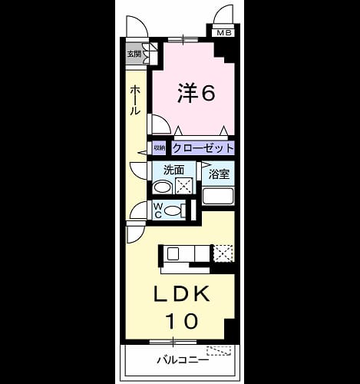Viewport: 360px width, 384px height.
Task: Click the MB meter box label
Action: pyautogui.click(x=224, y=33)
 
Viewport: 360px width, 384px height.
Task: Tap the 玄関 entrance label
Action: pyautogui.click(x=134, y=54)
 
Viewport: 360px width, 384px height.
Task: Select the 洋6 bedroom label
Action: pyautogui.click(x=197, y=93)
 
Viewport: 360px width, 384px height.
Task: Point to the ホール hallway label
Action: pyautogui.click(x=135, y=101)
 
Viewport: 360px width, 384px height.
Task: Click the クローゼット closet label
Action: pyautogui.click(x=203, y=148)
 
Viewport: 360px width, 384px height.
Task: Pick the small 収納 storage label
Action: pyautogui.click(x=159, y=148)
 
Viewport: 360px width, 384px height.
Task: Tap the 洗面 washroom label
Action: pyautogui.click(x=173, y=170)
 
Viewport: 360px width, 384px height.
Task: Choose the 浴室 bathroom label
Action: pyautogui.click(x=219, y=174)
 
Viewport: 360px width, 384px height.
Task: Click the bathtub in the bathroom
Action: pyautogui.click(x=218, y=196)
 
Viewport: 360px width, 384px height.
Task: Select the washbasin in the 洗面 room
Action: pyautogui.click(x=161, y=187)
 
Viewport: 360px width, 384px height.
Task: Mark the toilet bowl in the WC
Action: pyautogui.click(x=172, y=210)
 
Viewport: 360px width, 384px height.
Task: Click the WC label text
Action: pyautogui.click(x=158, y=210)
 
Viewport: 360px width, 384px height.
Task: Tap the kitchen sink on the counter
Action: pyautogui.click(x=173, y=253)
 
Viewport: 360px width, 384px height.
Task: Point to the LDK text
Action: pyautogui.click(x=181, y=294)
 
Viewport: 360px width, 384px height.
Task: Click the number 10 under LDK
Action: pyautogui.click(x=181, y=321)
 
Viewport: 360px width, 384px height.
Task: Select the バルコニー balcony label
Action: pyautogui.click(x=183, y=360)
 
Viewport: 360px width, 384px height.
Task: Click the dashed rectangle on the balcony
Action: pyautogui.click(x=219, y=350)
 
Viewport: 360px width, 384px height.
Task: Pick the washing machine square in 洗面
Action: pyautogui.click(x=183, y=186)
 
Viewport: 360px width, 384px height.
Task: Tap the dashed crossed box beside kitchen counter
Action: pyautogui.click(x=223, y=253)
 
